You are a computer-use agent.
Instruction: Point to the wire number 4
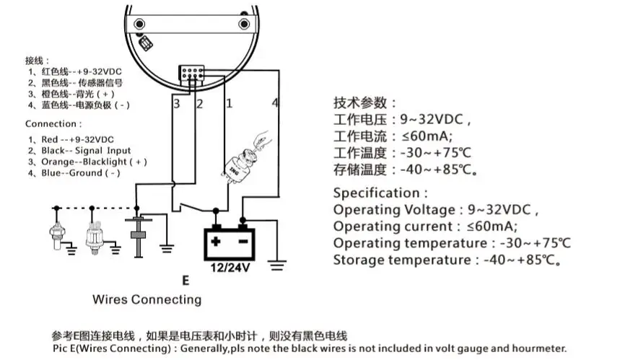tap(275, 103)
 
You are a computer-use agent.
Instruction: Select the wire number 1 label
tap(229, 103)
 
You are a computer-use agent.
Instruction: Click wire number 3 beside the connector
tap(176, 104)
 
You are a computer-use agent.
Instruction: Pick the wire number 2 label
tap(200, 104)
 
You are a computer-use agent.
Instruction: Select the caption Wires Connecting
tap(147, 299)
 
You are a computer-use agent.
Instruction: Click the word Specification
tap(377, 193)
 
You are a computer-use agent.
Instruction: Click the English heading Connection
tap(51, 123)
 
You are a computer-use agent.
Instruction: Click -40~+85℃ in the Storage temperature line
tap(515, 260)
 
